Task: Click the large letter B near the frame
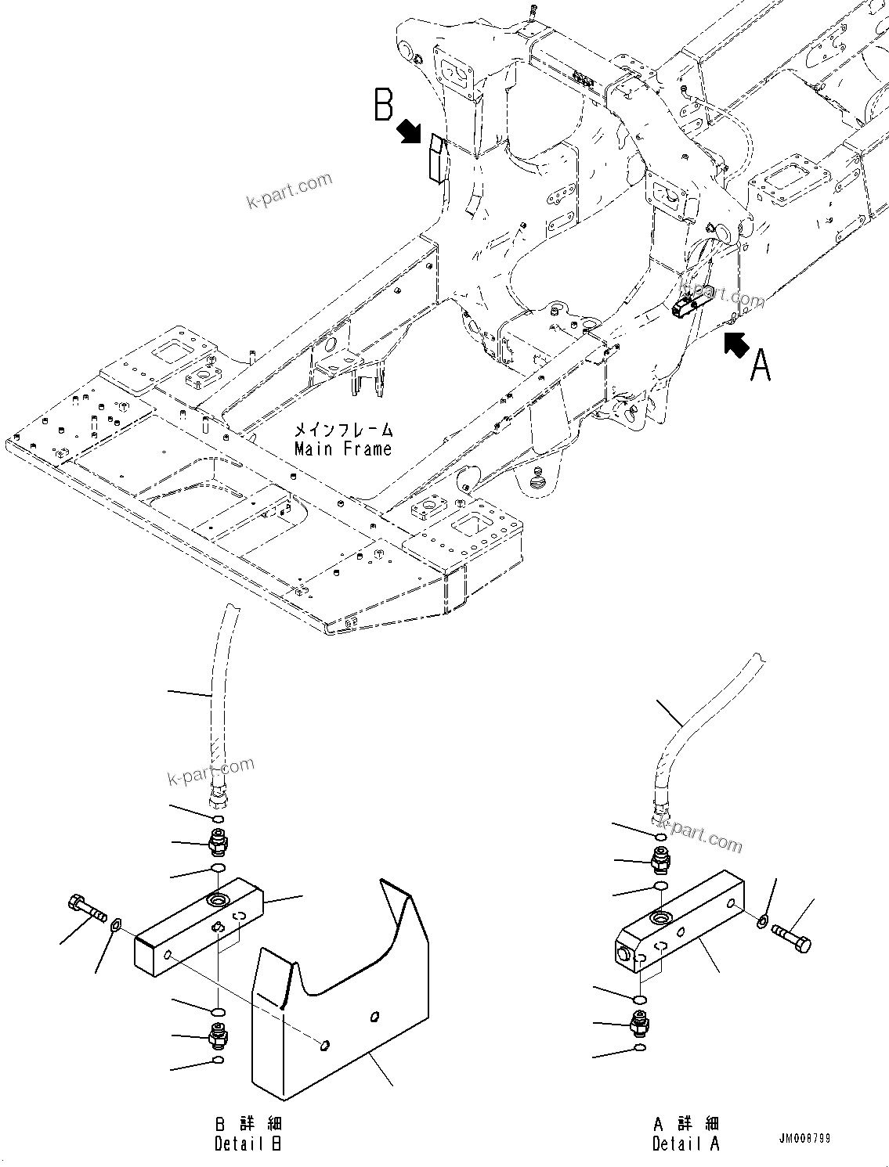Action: click(x=383, y=105)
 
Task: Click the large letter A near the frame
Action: click(x=761, y=366)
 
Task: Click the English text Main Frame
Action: click(x=343, y=449)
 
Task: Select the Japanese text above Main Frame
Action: click(x=343, y=430)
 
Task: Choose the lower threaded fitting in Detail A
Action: click(x=640, y=1022)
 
